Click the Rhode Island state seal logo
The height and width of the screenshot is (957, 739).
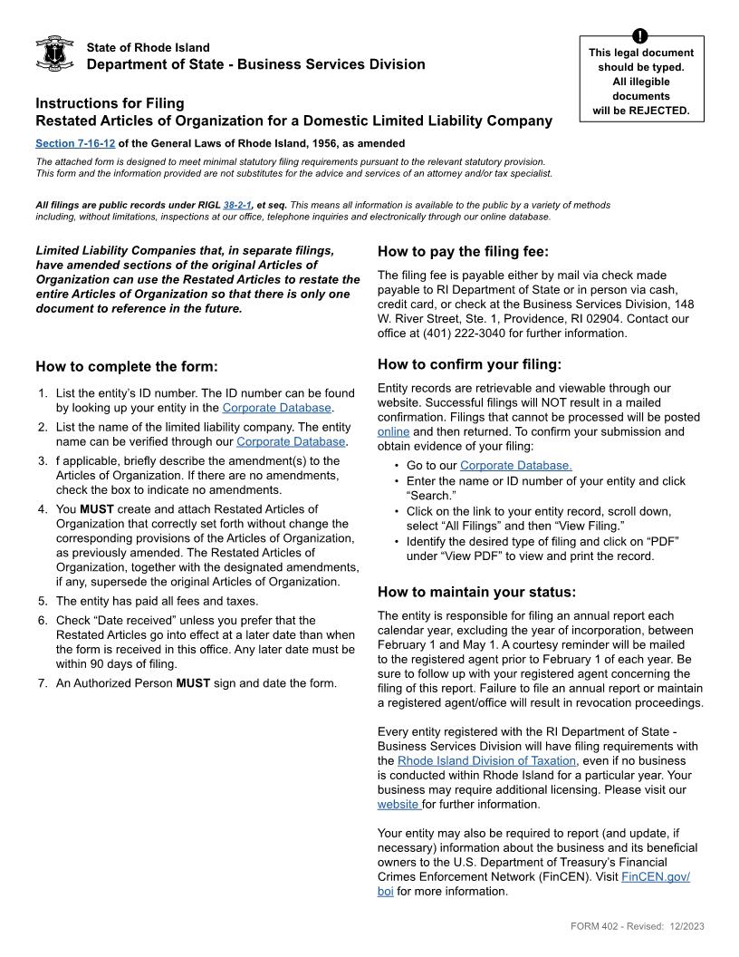(x=53, y=53)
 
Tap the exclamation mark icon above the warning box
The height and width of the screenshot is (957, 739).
(x=640, y=35)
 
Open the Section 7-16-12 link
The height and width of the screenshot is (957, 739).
(x=75, y=143)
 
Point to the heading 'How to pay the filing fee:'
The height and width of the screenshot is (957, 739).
(x=463, y=252)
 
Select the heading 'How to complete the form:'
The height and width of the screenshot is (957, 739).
(x=127, y=367)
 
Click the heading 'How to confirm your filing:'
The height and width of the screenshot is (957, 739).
(x=469, y=365)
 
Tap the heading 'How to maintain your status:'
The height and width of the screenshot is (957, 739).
(x=476, y=593)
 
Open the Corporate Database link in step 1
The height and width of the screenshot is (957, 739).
(x=276, y=408)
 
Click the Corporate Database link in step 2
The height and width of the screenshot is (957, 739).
(x=291, y=441)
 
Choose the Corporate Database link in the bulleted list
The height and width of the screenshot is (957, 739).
(x=515, y=466)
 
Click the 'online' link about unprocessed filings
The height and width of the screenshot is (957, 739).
(x=393, y=432)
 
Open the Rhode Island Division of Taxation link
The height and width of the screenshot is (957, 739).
(x=486, y=761)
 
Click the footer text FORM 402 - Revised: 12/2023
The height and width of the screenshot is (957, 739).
(x=638, y=926)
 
